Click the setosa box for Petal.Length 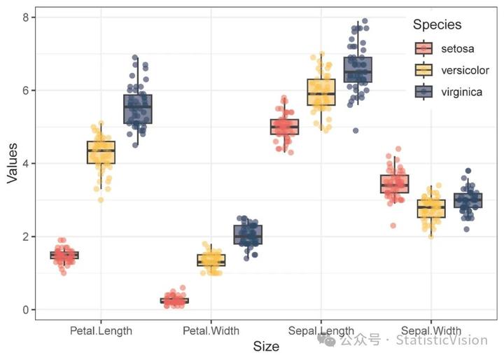pos(64,255)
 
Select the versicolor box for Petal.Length pos(101,152)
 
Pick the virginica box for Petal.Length pos(138,109)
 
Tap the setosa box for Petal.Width pos(174,300)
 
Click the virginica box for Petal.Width pos(248,235)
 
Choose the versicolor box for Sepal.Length pos(321,92)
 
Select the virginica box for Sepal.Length pos(358,70)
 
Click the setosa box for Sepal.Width pos(395,184)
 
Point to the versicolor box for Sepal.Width pos(431,208)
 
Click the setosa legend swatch pos(424,48)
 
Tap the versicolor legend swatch pos(424,70)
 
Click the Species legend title pos(437,25)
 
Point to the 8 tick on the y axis pos(24,17)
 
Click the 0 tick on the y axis pos(24,310)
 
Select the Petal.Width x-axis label pos(211,330)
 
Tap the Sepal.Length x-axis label pos(321,330)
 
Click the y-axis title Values pos(12,164)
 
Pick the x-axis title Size pos(266,346)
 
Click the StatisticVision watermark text pos(442,340)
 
